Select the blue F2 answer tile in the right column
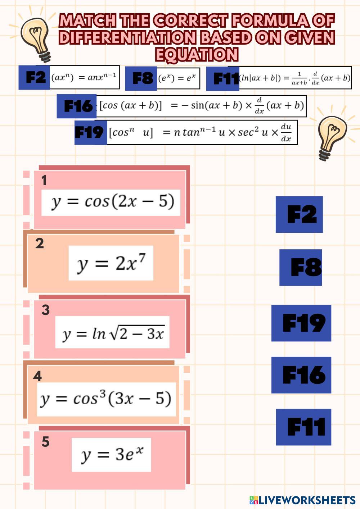point(299,214)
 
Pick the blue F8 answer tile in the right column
point(301,268)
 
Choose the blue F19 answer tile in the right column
point(301,323)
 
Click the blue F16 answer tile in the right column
point(301,375)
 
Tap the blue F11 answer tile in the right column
point(303,427)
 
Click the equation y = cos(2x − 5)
point(111,202)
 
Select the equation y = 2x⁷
point(111,263)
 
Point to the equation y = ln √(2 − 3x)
point(112,333)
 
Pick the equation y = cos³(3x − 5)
point(106,399)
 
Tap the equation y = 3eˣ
point(111,455)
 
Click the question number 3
point(45,310)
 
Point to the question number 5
point(45,442)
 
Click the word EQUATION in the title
point(197,55)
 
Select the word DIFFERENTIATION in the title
point(128,38)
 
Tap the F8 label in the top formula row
point(142,78)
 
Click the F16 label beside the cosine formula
point(77,106)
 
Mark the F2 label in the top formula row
point(35,77)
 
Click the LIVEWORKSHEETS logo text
point(306,500)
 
